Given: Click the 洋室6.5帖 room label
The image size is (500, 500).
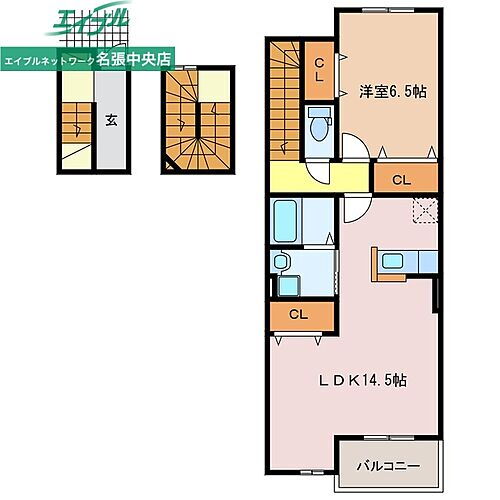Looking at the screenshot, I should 394,91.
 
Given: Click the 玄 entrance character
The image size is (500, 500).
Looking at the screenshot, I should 111,121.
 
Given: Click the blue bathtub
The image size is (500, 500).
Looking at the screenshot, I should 284,221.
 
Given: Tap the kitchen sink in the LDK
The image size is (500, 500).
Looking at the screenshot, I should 392,262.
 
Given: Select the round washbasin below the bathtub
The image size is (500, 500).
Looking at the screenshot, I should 282,262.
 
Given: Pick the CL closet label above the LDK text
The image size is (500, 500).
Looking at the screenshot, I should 296,314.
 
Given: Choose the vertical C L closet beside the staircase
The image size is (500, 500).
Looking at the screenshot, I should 319,69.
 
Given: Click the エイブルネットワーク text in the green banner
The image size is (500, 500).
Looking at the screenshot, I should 50,60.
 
